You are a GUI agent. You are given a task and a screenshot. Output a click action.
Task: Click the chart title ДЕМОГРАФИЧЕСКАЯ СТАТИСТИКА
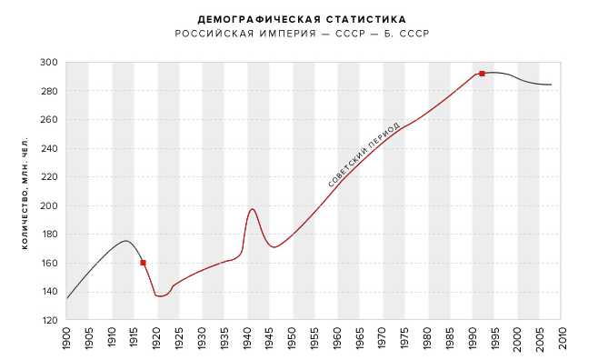click(x=302, y=19)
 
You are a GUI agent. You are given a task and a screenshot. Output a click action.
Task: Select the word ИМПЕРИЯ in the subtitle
click(x=288, y=34)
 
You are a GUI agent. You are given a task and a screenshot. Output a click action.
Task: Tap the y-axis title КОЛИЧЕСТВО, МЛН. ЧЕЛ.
click(x=25, y=194)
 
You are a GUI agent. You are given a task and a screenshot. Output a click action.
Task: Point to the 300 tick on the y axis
click(x=49, y=62)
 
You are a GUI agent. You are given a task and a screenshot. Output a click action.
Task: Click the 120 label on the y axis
click(x=49, y=320)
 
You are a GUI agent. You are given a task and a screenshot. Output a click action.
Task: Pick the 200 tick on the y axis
click(x=49, y=205)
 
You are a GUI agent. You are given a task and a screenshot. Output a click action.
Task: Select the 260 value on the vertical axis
click(x=49, y=120)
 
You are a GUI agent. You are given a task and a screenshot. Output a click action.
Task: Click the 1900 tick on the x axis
click(x=66, y=338)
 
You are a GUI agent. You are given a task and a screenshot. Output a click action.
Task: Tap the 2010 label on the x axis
click(x=563, y=338)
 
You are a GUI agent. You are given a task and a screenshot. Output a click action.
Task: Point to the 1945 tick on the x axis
click(x=269, y=338)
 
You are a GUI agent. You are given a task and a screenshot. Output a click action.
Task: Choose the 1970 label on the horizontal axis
click(x=382, y=338)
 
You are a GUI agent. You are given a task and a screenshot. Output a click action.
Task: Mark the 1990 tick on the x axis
click(x=473, y=338)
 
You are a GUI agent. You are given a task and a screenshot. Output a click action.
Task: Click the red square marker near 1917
click(x=143, y=263)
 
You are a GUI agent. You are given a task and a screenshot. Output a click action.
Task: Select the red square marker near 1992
click(x=482, y=74)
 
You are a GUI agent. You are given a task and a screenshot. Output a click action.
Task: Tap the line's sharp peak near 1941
click(x=252, y=209)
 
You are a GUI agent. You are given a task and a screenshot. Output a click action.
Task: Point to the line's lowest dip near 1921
click(x=160, y=296)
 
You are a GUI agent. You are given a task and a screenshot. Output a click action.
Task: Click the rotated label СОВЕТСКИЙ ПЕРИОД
click(x=364, y=155)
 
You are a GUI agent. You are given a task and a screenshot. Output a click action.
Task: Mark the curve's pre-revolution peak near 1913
click(x=125, y=241)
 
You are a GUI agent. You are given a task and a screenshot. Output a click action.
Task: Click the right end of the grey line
click(x=551, y=85)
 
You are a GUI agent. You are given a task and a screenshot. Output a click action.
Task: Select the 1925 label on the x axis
click(x=178, y=338)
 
